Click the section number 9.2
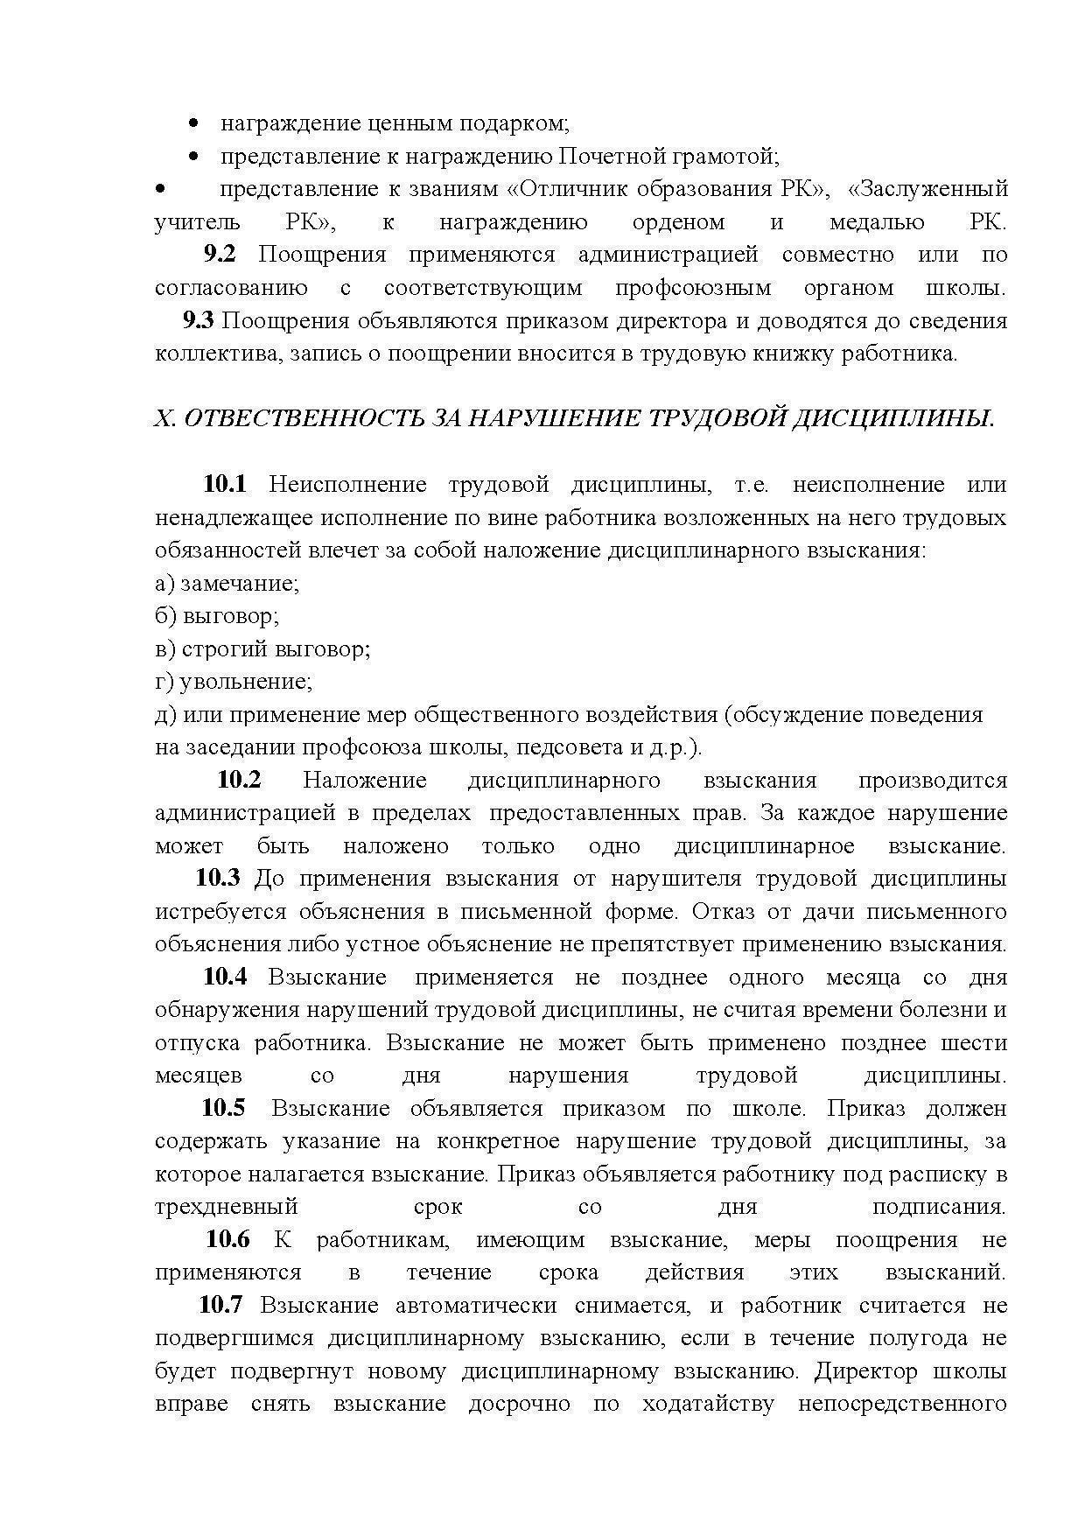tap(220, 255)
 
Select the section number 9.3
tap(199, 320)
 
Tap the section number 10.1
tap(226, 484)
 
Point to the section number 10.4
tap(225, 977)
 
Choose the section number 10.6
tap(227, 1239)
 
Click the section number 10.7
tap(220, 1305)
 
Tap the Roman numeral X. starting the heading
tap(164, 419)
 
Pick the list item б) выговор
tap(217, 616)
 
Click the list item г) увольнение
tap(234, 681)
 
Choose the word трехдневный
tap(227, 1207)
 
